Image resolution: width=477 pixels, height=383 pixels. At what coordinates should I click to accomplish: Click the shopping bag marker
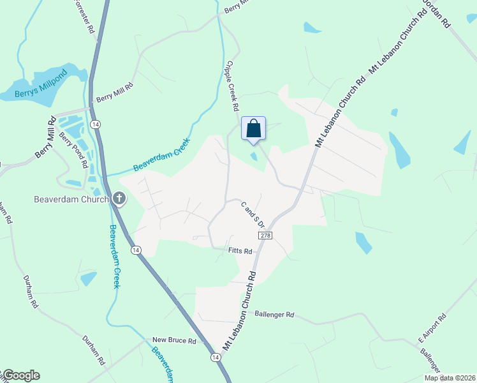253,128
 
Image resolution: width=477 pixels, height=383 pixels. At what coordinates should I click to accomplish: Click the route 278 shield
266,236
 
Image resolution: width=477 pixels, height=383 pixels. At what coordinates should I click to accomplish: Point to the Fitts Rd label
240,252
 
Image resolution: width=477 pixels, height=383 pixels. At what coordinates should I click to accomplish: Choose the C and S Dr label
253,214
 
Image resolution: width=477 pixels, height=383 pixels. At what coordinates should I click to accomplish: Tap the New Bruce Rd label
174,341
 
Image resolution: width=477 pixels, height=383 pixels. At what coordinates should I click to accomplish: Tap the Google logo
20,375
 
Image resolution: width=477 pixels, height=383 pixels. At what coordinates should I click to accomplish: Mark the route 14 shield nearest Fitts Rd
136,250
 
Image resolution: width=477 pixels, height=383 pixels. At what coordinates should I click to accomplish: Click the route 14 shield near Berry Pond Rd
94,123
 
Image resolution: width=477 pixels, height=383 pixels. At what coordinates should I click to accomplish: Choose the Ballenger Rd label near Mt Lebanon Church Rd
274,315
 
